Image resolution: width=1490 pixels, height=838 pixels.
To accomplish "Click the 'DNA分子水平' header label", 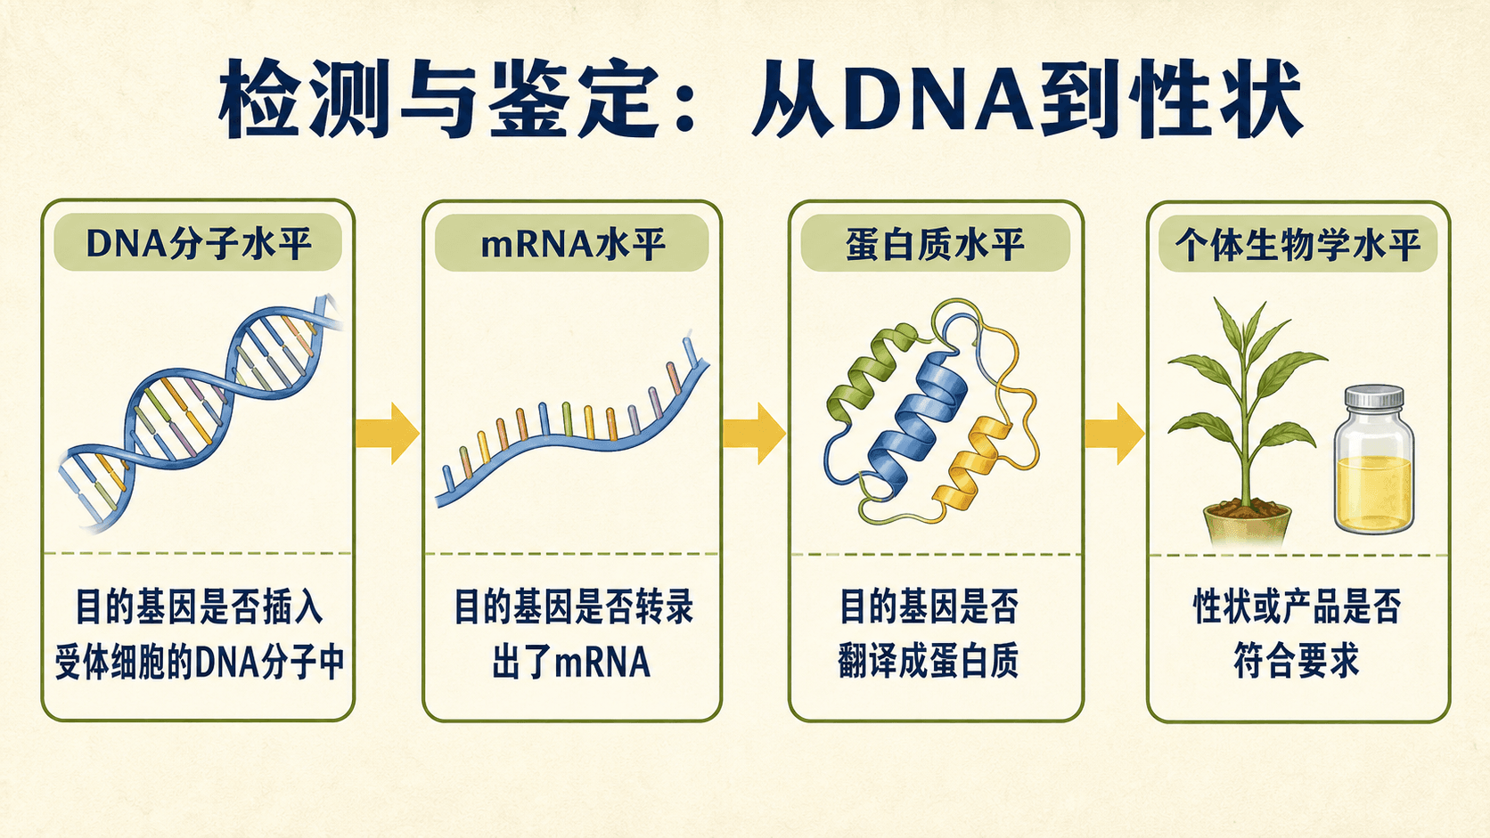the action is click(198, 242).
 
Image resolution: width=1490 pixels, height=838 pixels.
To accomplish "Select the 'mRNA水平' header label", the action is click(572, 243).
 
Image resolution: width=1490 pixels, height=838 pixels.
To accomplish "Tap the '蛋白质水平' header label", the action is click(935, 243).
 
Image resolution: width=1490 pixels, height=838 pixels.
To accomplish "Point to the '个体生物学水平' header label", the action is click(1298, 244).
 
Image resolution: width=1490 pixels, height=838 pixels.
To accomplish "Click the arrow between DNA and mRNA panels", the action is click(387, 434).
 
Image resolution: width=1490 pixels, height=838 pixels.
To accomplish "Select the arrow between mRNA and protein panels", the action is click(754, 434).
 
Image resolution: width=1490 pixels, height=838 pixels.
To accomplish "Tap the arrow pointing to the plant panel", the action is click(1115, 434).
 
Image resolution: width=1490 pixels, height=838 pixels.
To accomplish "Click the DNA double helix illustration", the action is click(200, 412).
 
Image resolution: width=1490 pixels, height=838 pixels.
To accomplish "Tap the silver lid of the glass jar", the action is click(1374, 397).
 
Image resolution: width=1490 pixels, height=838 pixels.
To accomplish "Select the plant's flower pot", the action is click(1248, 524).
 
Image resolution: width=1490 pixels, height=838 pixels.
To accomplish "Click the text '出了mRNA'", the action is click(571, 662).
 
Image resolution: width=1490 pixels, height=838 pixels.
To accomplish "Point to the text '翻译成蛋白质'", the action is click(929, 661).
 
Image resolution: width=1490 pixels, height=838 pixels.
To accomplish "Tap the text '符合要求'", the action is click(1297, 661).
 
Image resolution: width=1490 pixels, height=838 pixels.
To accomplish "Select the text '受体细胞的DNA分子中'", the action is click(200, 662).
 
